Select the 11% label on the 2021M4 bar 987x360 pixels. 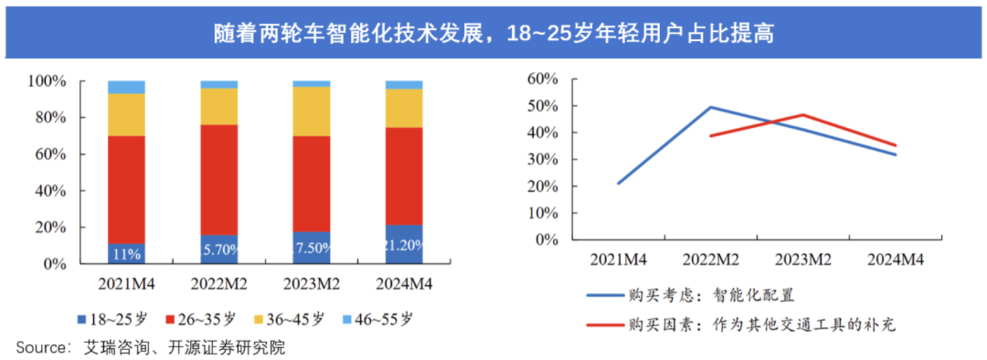coord(126,254)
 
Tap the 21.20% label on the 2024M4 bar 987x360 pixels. coord(404,246)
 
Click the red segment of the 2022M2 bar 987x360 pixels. coord(219,179)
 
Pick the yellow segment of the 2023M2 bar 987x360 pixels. coord(311,111)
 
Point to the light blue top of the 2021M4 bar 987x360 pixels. coord(126,87)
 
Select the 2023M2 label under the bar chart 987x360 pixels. coord(311,284)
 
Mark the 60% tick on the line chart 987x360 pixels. coord(542,79)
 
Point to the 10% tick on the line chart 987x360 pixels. coord(542,213)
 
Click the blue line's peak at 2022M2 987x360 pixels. coord(710,107)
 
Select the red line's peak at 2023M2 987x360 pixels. coord(803,114)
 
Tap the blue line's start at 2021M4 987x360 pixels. coord(618,184)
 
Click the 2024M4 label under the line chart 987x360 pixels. coord(895,260)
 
